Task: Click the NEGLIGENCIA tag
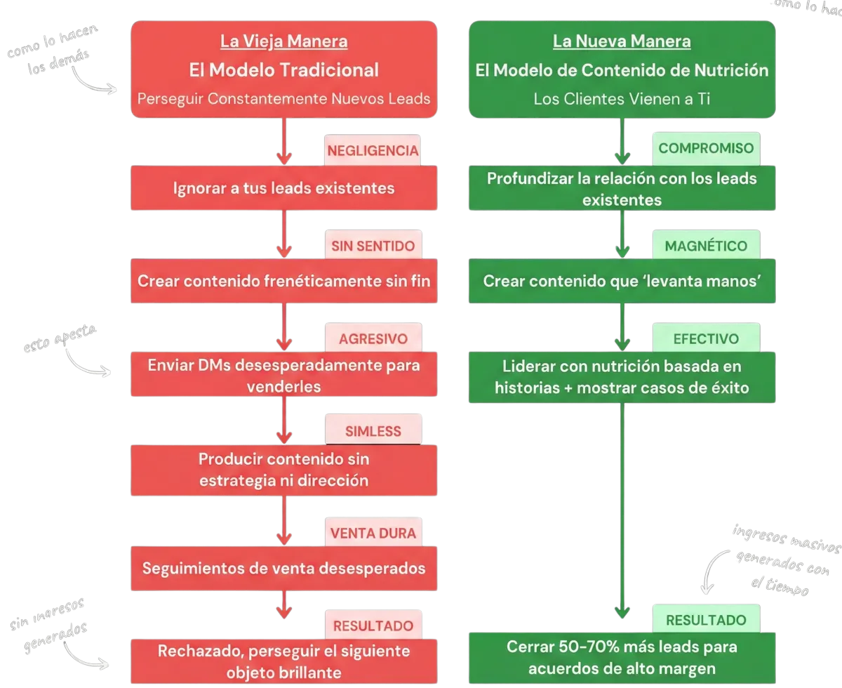point(373,151)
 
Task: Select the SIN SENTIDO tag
point(373,246)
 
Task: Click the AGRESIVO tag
point(373,338)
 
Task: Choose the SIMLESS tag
point(373,431)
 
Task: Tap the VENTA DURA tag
point(373,533)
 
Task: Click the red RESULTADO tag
point(373,626)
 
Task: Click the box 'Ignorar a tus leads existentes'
point(283,189)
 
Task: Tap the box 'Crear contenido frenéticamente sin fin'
point(283,281)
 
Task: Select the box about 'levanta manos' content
point(622,281)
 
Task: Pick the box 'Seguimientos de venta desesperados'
point(283,568)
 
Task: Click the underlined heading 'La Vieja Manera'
point(283,41)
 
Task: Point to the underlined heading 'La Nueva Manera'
point(622,41)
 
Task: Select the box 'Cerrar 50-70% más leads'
point(622,657)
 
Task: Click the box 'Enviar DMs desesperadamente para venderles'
point(283,376)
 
